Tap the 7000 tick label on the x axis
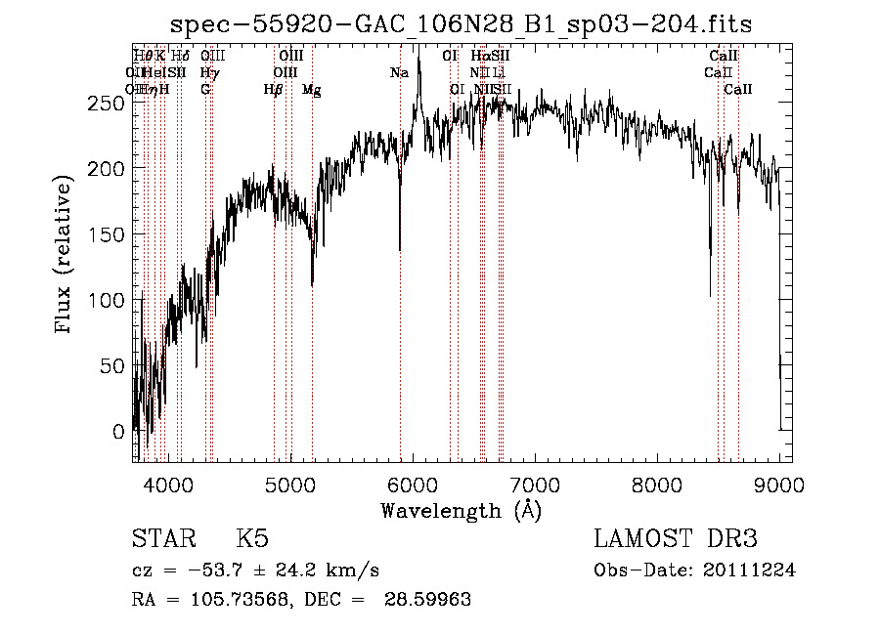(535, 485)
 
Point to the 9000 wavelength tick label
(779, 485)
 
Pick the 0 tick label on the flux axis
(118, 431)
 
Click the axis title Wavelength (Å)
(461, 510)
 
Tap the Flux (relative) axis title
(66, 256)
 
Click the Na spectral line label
(399, 72)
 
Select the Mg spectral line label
(311, 90)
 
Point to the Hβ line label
(274, 90)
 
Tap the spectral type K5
(252, 539)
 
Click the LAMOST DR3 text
(675, 539)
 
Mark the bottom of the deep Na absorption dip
(399, 250)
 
